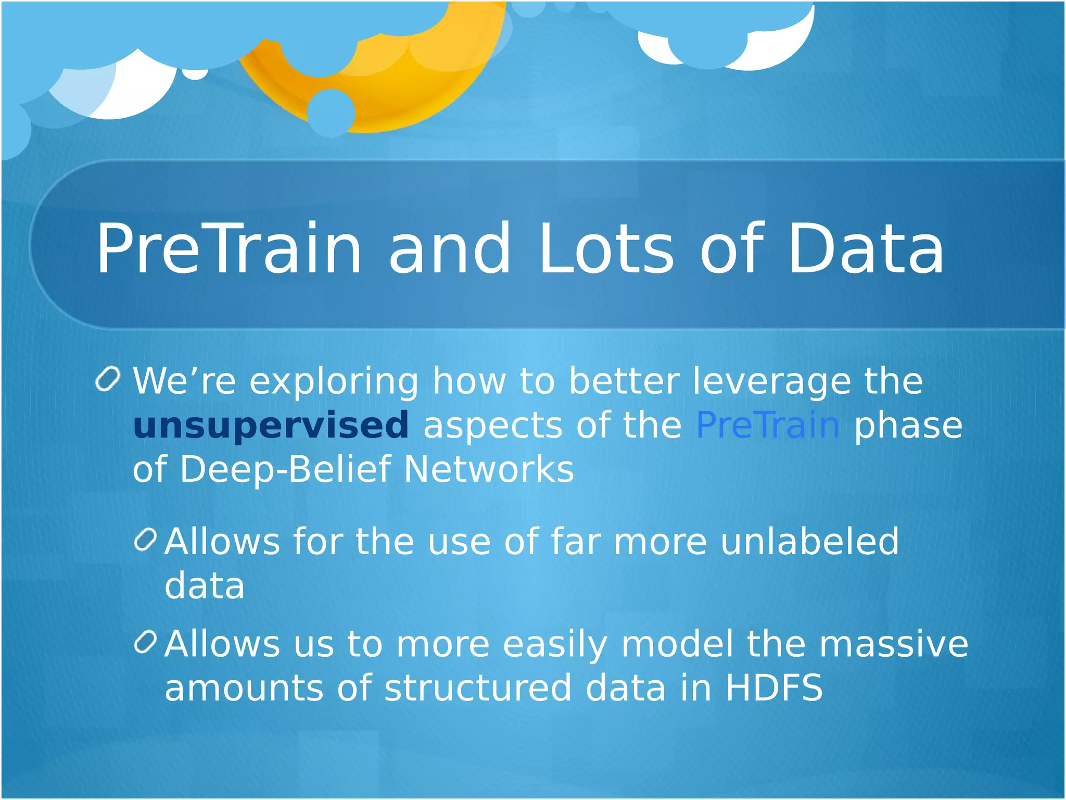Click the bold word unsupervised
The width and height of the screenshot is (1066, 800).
[271, 426]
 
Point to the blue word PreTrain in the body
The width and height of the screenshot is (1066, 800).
[768, 425]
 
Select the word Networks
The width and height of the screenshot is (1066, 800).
[488, 470]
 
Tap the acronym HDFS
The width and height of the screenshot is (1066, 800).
[773, 687]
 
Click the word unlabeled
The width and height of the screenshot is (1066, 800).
[809, 542]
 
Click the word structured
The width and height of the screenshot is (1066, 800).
[478, 687]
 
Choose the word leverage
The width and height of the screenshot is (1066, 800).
[771, 382]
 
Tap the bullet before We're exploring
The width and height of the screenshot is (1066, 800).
[108, 379]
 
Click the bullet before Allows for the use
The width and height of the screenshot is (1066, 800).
[145, 540]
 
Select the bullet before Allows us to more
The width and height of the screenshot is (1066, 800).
[145, 642]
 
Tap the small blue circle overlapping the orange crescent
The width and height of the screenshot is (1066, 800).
[331, 113]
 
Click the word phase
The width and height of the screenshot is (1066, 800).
[908, 426]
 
